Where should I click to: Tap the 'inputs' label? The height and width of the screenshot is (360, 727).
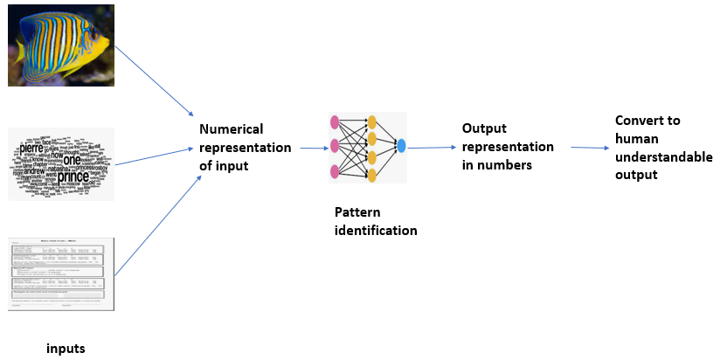coord(66,349)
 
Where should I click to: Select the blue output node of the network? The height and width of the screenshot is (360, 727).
coord(401,146)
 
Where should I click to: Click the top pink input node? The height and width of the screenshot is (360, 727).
coord(334,121)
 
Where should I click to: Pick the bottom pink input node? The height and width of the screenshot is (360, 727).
coord(334,170)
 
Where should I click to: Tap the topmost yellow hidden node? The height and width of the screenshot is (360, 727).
coord(371,122)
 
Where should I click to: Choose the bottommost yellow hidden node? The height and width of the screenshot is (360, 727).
coord(371,176)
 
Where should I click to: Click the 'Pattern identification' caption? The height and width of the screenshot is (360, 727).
coord(376,222)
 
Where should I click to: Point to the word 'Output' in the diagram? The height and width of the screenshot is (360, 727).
coord(484,128)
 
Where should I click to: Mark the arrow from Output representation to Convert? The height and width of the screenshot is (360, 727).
coord(590,148)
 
